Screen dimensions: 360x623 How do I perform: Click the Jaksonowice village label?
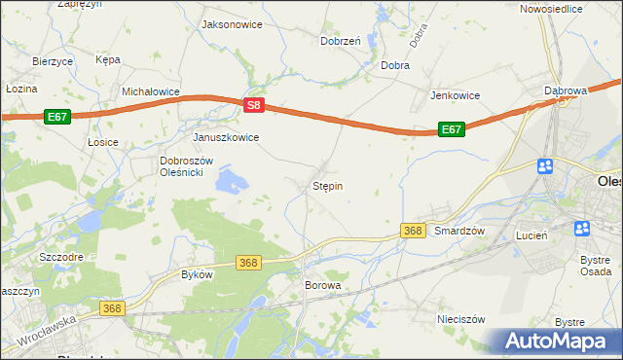pos(232,24)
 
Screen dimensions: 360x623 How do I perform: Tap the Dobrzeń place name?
pos(341,41)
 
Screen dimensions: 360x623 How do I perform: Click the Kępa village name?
pos(108,59)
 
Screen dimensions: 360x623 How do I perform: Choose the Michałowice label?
pos(151,91)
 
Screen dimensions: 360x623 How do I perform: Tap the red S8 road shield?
pos(253,105)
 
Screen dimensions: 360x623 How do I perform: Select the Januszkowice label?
pos(226,137)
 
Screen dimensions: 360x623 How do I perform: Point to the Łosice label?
pos(102,142)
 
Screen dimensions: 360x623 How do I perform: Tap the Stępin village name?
pos(327,185)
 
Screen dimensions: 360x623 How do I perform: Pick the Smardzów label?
pos(459,231)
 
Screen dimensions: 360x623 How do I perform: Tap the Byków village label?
pos(197,274)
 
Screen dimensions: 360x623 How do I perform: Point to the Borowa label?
pos(323,286)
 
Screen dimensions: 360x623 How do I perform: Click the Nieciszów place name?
pos(461,318)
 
